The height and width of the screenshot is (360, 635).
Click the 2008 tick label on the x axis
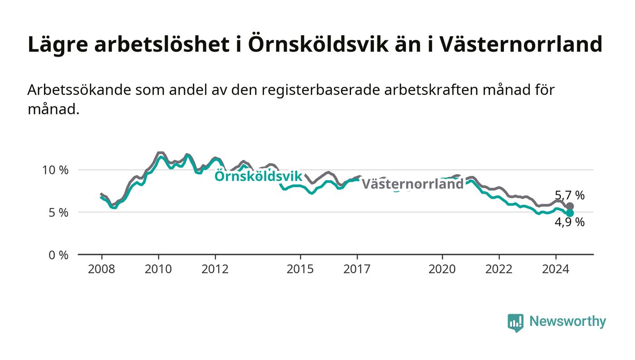tap(102, 269)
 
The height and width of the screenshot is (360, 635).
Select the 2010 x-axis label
tap(158, 269)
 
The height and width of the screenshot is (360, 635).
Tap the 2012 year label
tap(215, 269)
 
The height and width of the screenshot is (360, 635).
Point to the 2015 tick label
tap(300, 269)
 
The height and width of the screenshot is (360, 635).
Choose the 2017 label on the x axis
tap(357, 269)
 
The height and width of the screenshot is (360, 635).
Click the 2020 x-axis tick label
tap(442, 269)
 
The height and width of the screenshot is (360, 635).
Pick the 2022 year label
tap(499, 269)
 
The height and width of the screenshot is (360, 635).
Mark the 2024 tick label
tap(556, 269)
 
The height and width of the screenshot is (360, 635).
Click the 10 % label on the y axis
tap(55, 170)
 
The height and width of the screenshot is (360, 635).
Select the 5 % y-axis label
tap(59, 213)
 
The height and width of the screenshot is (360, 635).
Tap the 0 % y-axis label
tap(59, 255)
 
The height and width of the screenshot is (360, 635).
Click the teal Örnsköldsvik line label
tap(258, 176)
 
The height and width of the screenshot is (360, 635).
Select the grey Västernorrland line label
tap(413, 184)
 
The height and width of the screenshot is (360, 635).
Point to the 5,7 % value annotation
tap(570, 195)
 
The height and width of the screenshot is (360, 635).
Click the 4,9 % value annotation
tap(570, 222)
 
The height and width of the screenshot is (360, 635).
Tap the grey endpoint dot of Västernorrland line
tap(570, 206)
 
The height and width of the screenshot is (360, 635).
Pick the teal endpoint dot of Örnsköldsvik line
tap(570, 213)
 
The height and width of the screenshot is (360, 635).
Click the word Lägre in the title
tap(58, 45)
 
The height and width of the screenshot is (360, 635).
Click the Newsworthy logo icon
tap(515, 323)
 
